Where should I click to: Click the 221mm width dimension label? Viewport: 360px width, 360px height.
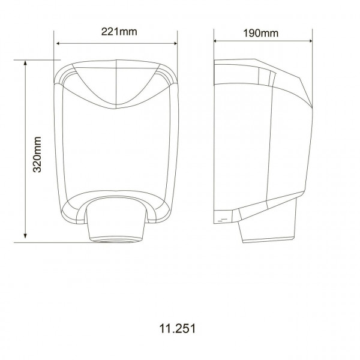click(x=117, y=33)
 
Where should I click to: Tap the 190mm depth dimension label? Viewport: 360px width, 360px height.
click(x=261, y=33)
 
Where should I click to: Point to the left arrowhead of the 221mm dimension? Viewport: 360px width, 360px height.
click(x=58, y=44)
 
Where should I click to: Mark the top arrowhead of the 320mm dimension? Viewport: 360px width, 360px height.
click(x=25, y=62)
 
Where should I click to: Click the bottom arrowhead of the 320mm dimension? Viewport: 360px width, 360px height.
click(x=25, y=239)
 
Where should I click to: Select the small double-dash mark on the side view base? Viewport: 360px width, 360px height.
click(x=223, y=220)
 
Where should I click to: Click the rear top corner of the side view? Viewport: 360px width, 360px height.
click(x=217, y=62)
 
